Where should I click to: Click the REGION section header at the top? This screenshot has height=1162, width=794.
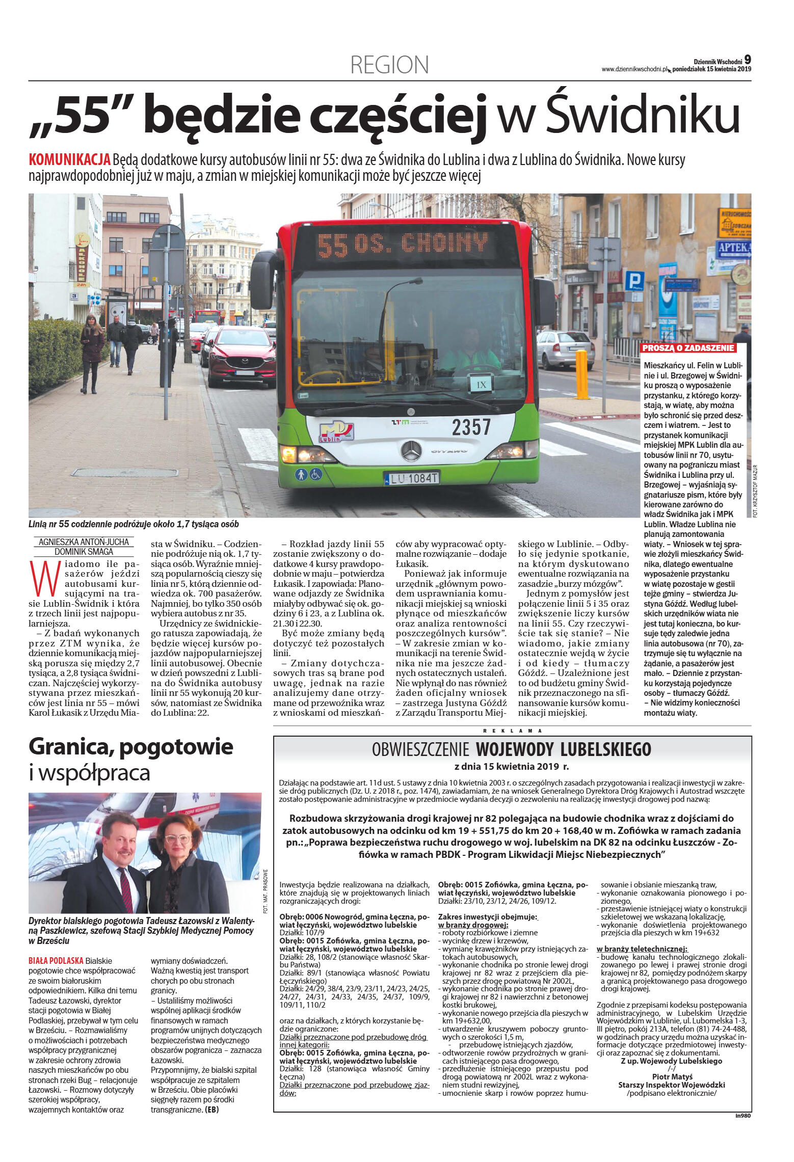[389, 65]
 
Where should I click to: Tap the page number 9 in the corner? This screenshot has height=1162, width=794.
[748, 60]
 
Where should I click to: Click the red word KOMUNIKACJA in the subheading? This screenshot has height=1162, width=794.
[70, 159]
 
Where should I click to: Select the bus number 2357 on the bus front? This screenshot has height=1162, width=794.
[471, 427]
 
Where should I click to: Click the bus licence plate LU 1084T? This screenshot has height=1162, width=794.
[411, 478]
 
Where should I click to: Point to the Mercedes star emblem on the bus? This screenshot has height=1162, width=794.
[411, 451]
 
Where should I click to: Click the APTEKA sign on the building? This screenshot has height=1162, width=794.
[734, 248]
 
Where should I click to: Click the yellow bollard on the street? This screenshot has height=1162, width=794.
[581, 374]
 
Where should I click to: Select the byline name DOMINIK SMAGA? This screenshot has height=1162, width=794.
[84, 551]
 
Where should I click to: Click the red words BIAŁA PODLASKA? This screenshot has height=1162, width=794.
[56, 961]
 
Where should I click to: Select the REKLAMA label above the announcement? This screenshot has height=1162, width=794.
[512, 731]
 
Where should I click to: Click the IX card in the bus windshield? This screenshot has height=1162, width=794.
[481, 385]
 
